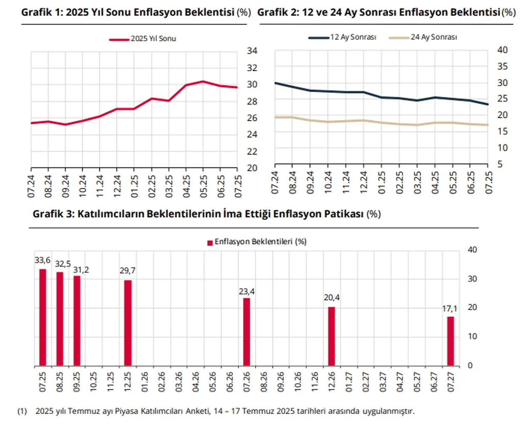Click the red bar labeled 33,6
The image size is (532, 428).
[42, 317]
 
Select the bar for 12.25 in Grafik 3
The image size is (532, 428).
[128, 323]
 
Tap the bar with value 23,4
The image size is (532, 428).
[246, 332]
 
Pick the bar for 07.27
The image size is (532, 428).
[451, 341]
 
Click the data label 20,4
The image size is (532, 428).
[332, 298]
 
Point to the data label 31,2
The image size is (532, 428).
[81, 270]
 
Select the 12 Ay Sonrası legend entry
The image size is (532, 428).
[342, 37]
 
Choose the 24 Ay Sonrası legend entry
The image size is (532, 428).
[423, 37]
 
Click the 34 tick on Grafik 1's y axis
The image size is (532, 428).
[252, 51]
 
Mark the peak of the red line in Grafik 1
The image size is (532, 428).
[203, 82]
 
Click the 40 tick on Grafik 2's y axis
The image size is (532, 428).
[502, 50]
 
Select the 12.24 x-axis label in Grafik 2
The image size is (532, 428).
[364, 182]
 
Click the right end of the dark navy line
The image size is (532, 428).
[488, 104]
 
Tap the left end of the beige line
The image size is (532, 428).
[276, 117]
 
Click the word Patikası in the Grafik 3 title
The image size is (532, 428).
[343, 214]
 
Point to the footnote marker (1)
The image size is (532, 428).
[22, 411]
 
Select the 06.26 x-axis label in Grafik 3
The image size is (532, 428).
[230, 381]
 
